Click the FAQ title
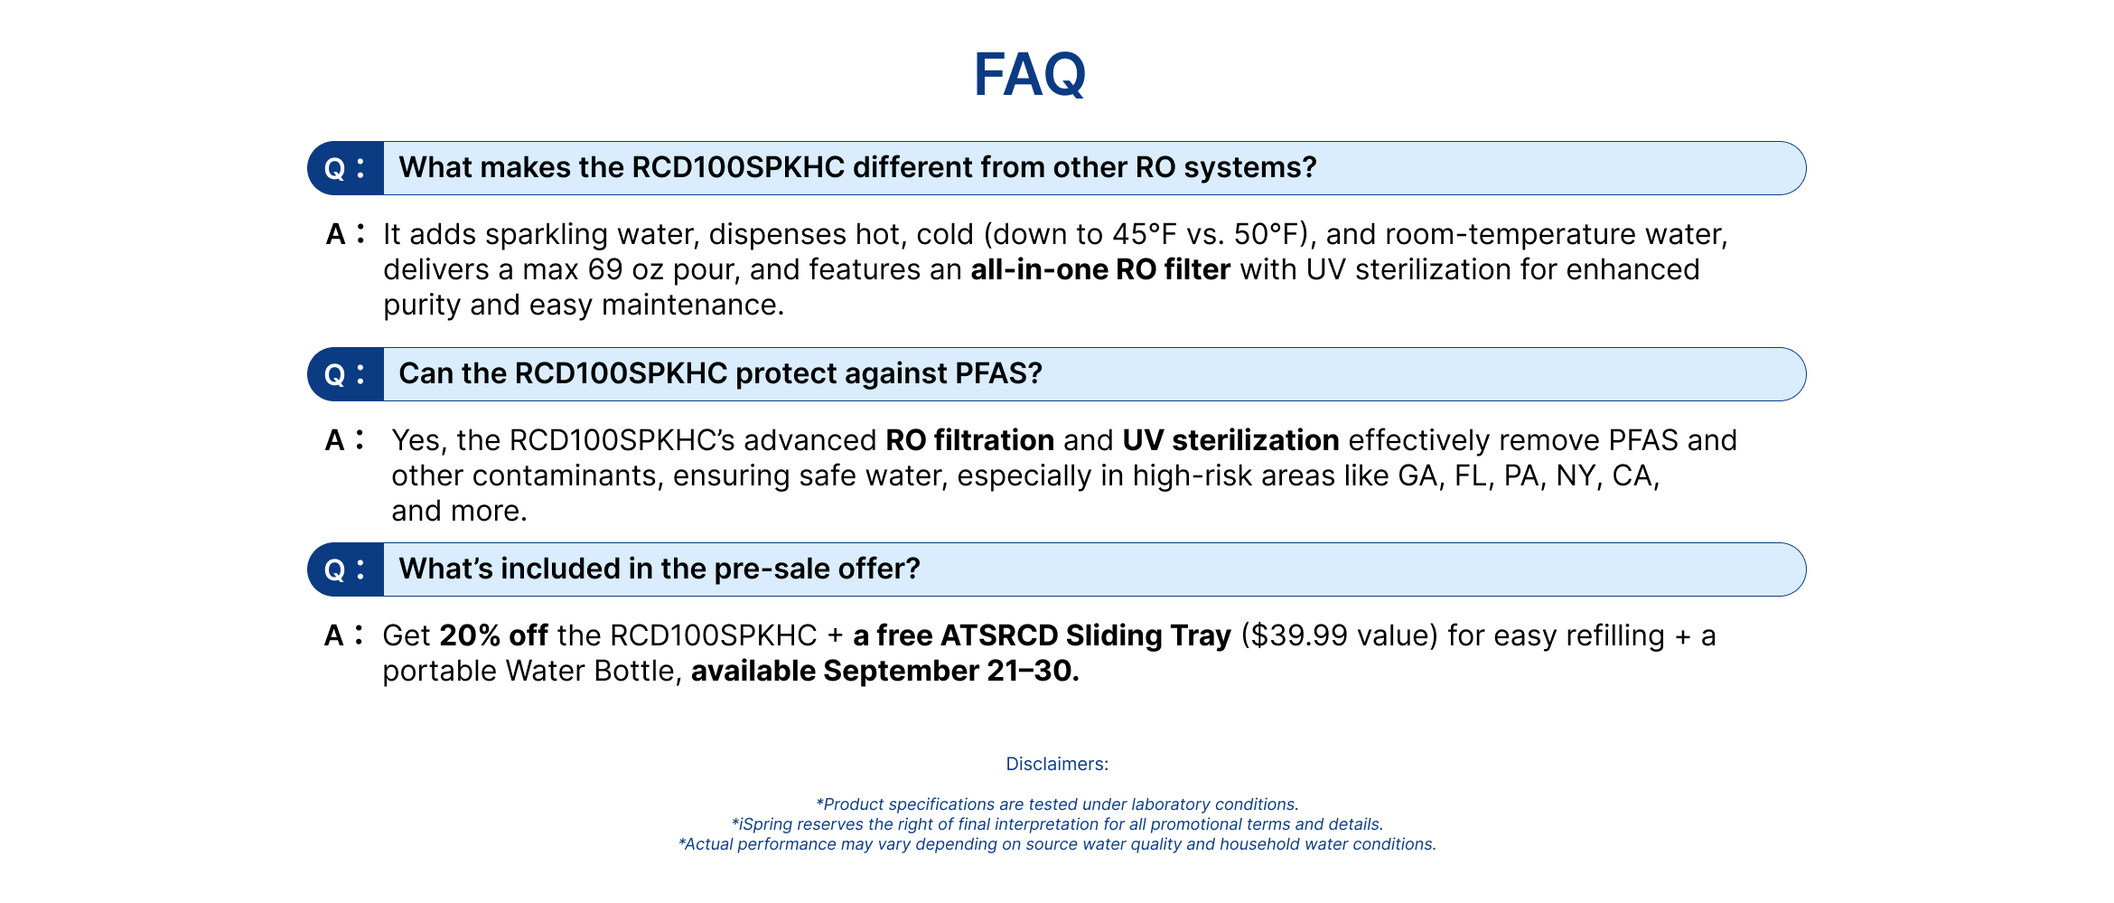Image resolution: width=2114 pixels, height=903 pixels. point(1029,74)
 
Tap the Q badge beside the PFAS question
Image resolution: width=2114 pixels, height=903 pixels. point(346,374)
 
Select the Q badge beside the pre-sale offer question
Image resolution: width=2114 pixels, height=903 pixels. point(346,569)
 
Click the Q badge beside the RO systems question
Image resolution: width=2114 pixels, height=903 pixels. point(346,168)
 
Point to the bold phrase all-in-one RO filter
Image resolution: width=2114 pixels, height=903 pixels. point(1100,269)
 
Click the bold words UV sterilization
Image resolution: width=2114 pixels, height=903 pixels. point(1230,440)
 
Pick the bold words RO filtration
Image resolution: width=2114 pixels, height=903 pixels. point(969,440)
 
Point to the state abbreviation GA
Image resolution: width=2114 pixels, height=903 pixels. point(1417,475)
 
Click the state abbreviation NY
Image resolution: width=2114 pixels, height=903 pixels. point(1576,475)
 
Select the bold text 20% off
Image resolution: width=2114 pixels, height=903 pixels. point(493,635)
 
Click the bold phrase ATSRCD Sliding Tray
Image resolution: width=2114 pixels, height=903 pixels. point(1086,635)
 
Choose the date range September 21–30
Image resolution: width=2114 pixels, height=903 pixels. point(950,671)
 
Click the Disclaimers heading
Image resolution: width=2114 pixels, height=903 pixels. point(1057,764)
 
